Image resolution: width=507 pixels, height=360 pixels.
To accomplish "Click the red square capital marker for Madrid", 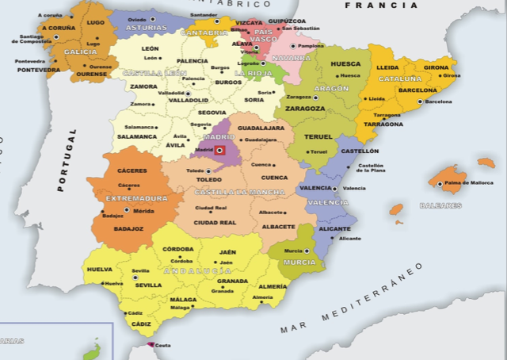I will (x=220, y=149).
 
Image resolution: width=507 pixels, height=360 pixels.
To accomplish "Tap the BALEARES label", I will (x=441, y=205).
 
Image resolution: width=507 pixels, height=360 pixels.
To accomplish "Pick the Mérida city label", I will (x=143, y=211).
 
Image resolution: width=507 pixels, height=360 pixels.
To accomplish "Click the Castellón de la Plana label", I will (x=371, y=167).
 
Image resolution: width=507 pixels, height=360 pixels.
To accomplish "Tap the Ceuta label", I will (x=162, y=345).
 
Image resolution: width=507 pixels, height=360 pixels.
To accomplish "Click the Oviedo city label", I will (x=137, y=17).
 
